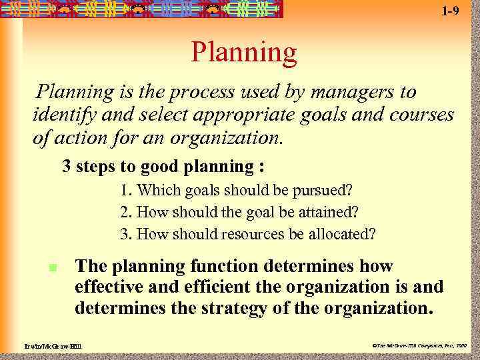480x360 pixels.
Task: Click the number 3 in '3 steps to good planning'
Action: [67, 165]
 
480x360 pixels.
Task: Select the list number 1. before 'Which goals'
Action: [126, 190]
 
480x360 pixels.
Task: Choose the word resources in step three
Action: [249, 235]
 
